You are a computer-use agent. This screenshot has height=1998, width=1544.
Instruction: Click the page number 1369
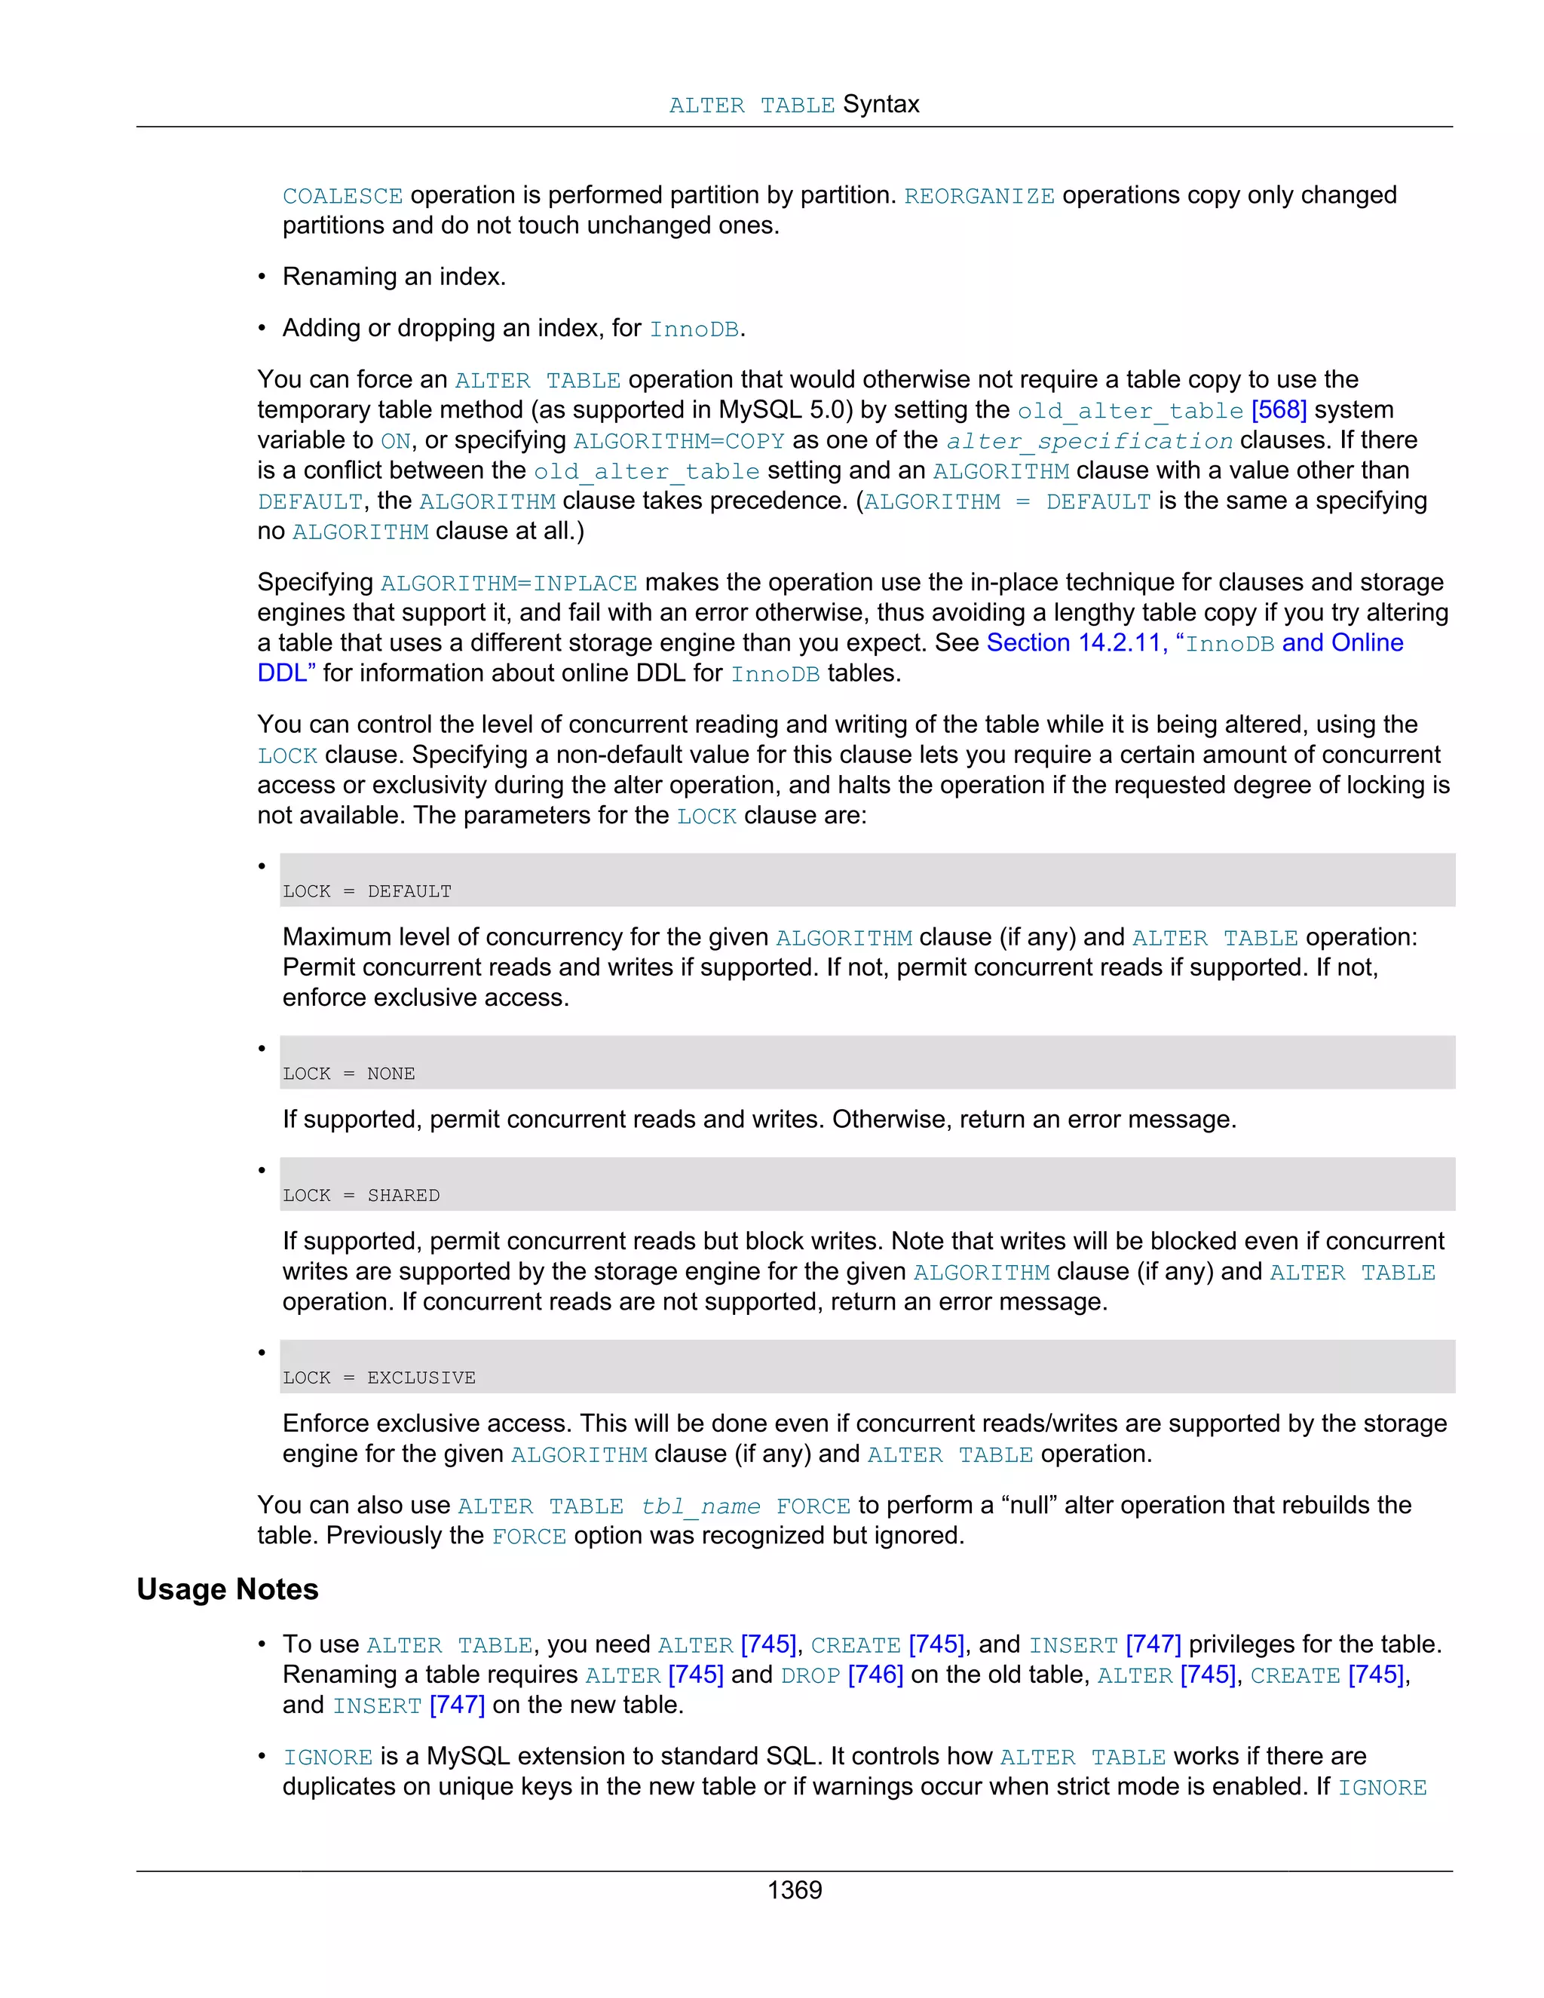794,1890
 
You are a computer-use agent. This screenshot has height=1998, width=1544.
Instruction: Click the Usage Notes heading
227,1589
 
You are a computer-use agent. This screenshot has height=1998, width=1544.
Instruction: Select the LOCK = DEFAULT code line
367,891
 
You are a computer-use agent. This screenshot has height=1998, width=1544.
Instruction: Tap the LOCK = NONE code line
348,1073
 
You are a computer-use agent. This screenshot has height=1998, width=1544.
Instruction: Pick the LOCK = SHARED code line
361,1195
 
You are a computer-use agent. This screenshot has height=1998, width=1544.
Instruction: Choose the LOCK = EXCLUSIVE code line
378,1377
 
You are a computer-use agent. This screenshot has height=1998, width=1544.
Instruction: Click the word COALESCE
342,196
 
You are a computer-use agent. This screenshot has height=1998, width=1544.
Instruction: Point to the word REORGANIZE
979,196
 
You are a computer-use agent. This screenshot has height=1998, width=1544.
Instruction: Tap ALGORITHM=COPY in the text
679,441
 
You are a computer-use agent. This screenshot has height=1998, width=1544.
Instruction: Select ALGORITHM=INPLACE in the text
509,583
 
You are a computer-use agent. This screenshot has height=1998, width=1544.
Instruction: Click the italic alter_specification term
1089,441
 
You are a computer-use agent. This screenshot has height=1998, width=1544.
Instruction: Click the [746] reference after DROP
875,1674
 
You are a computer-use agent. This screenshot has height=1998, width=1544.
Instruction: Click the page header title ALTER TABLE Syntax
794,104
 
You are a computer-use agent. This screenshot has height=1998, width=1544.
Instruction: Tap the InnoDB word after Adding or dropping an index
694,329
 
